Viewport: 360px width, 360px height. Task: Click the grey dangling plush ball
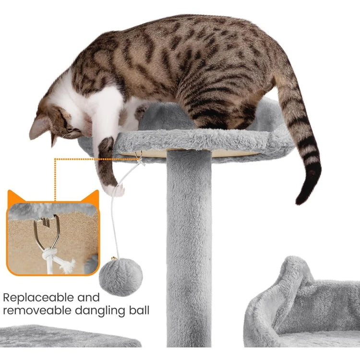coord(121,277)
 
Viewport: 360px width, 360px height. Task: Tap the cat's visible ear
coord(39,128)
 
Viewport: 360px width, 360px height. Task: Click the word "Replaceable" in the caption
coord(38,298)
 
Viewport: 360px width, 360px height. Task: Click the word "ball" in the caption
coord(139,310)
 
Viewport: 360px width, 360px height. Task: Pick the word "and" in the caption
coord(88,298)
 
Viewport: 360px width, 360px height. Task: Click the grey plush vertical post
coord(189,248)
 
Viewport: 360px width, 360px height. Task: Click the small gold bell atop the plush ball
coord(113,259)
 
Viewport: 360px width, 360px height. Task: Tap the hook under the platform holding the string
coord(138,156)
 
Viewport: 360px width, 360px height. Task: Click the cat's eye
coord(72,131)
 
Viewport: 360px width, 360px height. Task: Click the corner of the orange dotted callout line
coord(55,159)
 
